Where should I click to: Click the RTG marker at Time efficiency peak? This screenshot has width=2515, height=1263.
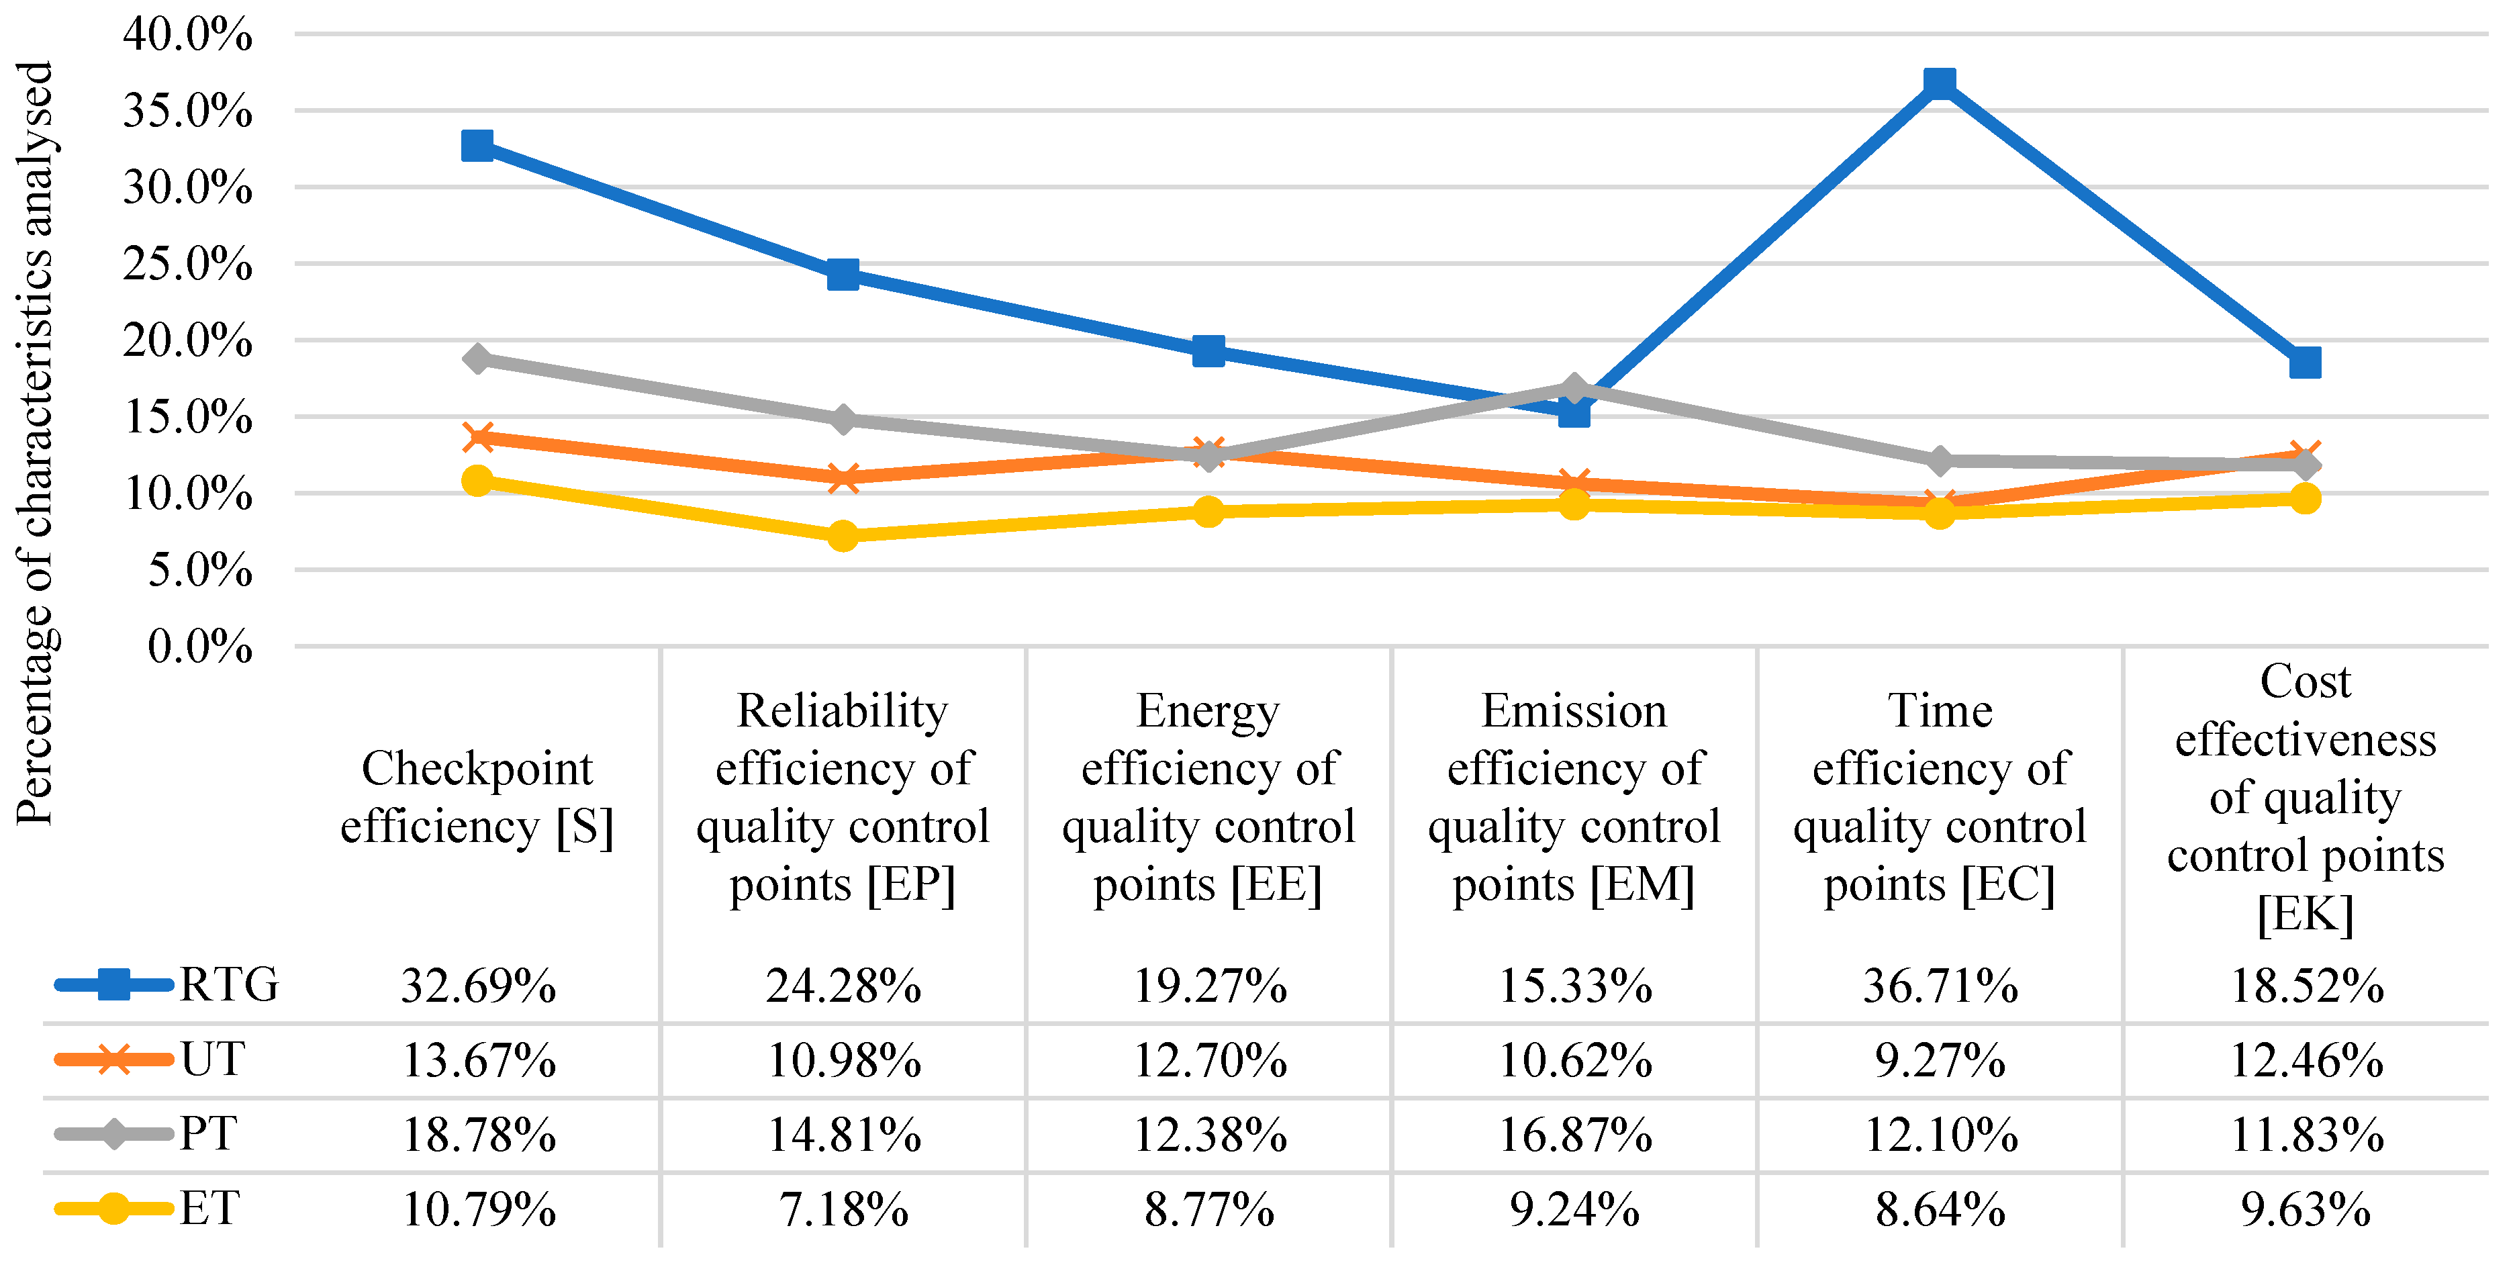(1939, 83)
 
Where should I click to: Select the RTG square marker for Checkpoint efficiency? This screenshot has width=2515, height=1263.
(477, 146)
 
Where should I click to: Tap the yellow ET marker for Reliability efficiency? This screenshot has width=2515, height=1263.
(843, 535)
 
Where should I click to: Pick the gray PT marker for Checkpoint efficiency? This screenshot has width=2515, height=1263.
(477, 358)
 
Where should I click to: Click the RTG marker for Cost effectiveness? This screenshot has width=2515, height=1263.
(2304, 362)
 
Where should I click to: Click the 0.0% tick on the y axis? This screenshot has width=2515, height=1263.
(199, 646)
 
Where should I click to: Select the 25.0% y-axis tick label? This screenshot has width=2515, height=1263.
(187, 265)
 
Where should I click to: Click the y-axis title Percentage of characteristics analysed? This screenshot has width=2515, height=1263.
(35, 444)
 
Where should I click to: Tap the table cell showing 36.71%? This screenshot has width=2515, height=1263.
(1940, 986)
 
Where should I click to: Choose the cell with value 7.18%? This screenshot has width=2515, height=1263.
(843, 1211)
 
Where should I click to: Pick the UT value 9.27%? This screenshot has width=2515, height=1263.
(1940, 1061)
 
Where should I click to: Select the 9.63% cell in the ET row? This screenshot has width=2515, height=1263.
(2305, 1211)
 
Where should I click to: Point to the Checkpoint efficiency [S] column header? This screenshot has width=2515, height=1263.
(477, 796)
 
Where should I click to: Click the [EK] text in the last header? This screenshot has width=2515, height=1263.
(2305, 915)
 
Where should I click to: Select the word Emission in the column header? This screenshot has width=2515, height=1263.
(1574, 710)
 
